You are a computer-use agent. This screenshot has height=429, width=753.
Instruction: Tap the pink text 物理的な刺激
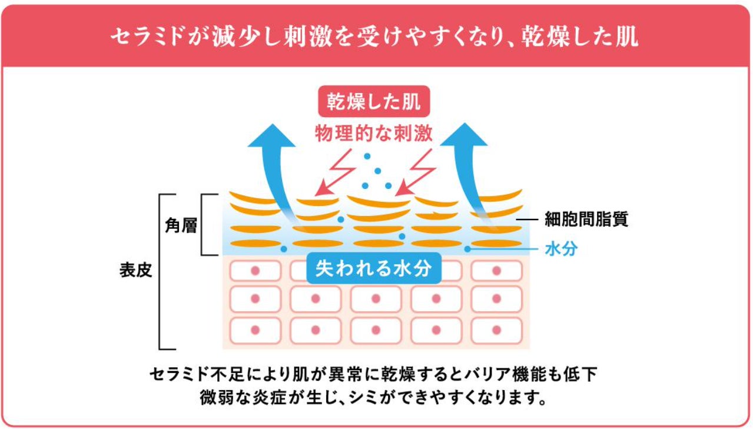373,133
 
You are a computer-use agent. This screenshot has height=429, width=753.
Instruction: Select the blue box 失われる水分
374,268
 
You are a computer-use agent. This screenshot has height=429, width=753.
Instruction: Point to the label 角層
181,226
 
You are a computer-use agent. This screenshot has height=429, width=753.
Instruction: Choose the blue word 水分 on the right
560,249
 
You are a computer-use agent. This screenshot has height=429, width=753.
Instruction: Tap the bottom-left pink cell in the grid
255,330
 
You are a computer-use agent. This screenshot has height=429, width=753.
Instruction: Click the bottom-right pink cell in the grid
496,330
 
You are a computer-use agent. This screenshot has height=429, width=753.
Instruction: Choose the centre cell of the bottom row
376,330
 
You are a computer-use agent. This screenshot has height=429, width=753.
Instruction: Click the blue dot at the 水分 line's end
467,249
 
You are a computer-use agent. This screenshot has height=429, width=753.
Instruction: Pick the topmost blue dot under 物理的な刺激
367,157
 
